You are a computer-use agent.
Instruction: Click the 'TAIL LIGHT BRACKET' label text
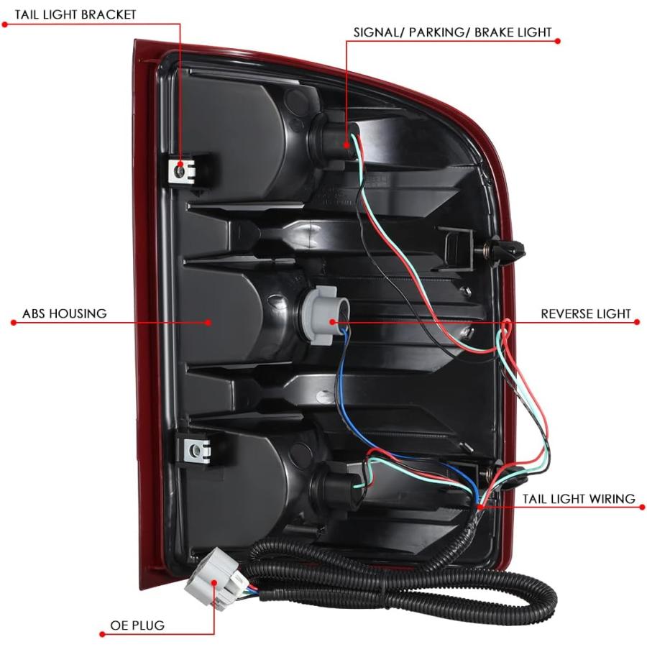click(75, 14)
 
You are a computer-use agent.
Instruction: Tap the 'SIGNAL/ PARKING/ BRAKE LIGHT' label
click(453, 32)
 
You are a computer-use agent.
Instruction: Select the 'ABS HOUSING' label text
click(65, 313)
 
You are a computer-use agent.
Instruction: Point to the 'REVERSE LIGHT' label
click(586, 314)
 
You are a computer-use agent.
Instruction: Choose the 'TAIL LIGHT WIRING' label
click(579, 499)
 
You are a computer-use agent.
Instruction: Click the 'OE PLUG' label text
click(137, 625)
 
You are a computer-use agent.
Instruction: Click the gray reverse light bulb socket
click(324, 316)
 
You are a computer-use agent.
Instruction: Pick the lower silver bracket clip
click(196, 450)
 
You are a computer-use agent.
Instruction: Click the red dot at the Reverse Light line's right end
click(637, 322)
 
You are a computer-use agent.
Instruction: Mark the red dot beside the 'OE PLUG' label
click(102, 634)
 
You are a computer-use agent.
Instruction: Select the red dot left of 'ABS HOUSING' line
click(14, 322)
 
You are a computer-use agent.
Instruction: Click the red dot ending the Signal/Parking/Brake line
click(557, 41)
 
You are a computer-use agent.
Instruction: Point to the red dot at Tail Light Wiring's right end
click(642, 507)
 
